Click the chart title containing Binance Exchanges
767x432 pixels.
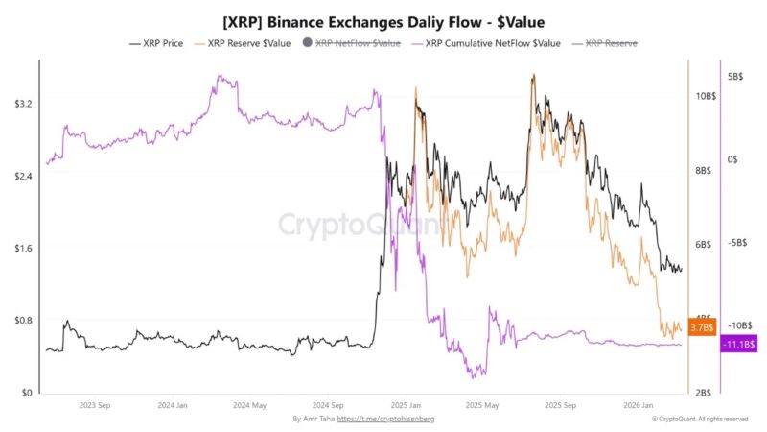(x=383, y=19)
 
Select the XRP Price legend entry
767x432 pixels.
(x=157, y=43)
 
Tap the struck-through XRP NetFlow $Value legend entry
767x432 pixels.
(x=353, y=43)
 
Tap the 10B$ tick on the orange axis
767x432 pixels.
(x=707, y=96)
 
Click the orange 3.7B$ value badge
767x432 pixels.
(x=702, y=327)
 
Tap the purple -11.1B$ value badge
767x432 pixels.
(x=739, y=344)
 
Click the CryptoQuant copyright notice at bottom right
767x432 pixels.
(x=699, y=420)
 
